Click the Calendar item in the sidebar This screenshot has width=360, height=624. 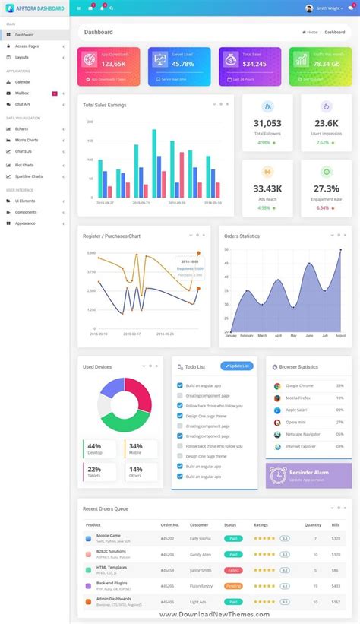pyautogui.click(x=23, y=81)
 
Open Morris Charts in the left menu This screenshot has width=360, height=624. pyautogui.click(x=27, y=140)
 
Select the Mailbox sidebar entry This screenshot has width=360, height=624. pyautogui.click(x=22, y=93)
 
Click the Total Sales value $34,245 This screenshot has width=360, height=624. pyautogui.click(x=254, y=64)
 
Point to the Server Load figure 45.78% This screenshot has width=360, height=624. pyautogui.click(x=183, y=64)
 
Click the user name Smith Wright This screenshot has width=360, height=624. pyautogui.click(x=330, y=8)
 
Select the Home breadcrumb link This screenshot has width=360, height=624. pyautogui.click(x=311, y=32)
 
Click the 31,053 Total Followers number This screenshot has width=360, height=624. pyautogui.click(x=267, y=124)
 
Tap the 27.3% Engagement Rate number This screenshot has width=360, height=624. pyautogui.click(x=326, y=188)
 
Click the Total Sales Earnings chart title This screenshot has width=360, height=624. pyautogui.click(x=105, y=105)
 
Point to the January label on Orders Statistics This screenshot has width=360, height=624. pyautogui.click(x=231, y=335)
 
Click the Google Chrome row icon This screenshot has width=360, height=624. pyautogui.click(x=277, y=386)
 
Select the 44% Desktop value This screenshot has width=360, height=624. pyautogui.click(x=94, y=446)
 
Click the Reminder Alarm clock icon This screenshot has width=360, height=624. pyautogui.click(x=277, y=475)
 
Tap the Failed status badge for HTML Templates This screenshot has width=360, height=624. pyautogui.click(x=233, y=569)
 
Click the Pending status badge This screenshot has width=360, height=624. pyautogui.click(x=233, y=586)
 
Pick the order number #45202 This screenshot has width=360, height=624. pyautogui.click(x=167, y=538)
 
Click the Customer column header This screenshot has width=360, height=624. pyautogui.click(x=199, y=524)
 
